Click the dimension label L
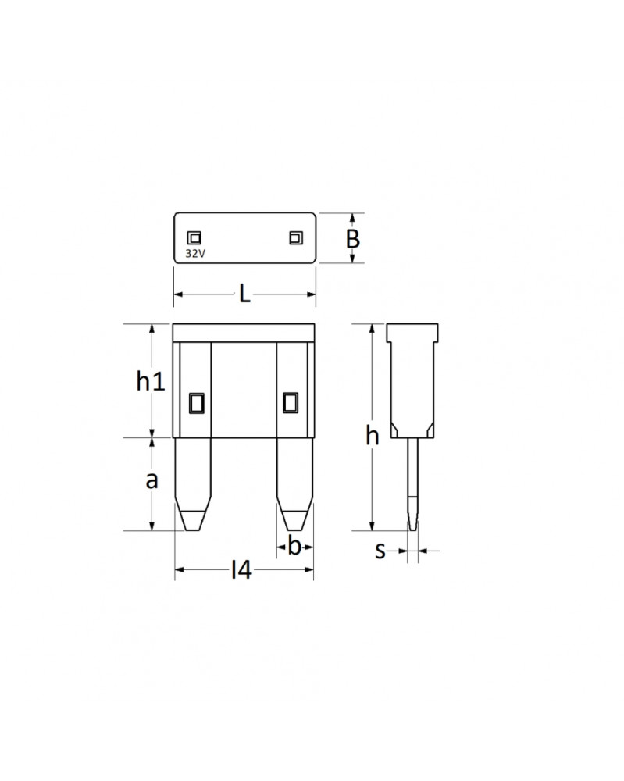pyautogui.click(x=244, y=294)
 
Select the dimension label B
pyautogui.click(x=353, y=238)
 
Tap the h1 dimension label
pyautogui.click(x=150, y=381)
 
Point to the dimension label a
pyautogui.click(x=152, y=480)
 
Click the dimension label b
pyautogui.click(x=294, y=547)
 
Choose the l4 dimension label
pyautogui.click(x=241, y=572)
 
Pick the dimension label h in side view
pyautogui.click(x=373, y=436)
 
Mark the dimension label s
pyautogui.click(x=380, y=551)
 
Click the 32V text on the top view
pyautogui.click(x=194, y=253)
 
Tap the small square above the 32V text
pyautogui.click(x=194, y=238)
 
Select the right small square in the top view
pyautogui.click(x=295, y=237)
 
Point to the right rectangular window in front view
pyautogui.click(x=291, y=402)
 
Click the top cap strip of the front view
pyautogui.click(x=244, y=332)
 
